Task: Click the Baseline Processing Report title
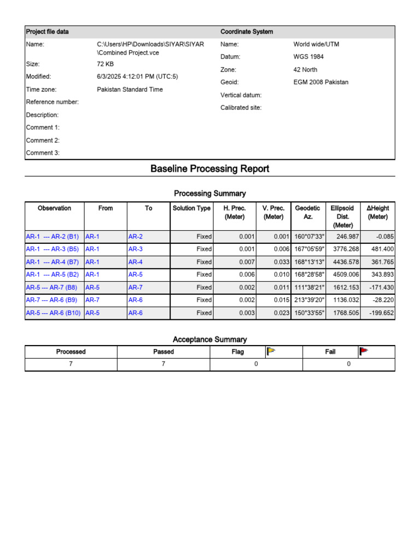[x=209, y=169]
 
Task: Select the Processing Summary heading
[x=209, y=194]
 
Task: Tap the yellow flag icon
[x=270, y=352]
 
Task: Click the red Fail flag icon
[x=363, y=352]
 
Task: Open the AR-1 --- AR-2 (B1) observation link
[x=52, y=237]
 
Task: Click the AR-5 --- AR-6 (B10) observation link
[x=53, y=313]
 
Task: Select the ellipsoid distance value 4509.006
[x=343, y=275]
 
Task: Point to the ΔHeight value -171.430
[x=378, y=287]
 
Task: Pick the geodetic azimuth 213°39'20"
[x=310, y=300]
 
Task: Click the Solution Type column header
[x=191, y=208]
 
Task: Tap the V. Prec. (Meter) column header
[x=273, y=212]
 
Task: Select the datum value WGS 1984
[x=309, y=57]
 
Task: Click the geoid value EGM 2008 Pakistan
[x=320, y=83]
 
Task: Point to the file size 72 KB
[x=105, y=64]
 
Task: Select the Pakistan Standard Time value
[x=130, y=90]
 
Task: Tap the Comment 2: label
[x=43, y=141]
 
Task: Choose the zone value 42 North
[x=305, y=70]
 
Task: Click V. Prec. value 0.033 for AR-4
[x=281, y=262]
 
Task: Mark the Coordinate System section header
[x=247, y=32]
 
